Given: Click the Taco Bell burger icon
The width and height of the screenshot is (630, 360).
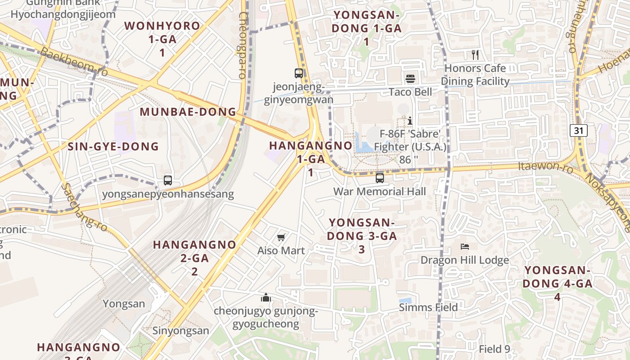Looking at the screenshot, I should (410, 79).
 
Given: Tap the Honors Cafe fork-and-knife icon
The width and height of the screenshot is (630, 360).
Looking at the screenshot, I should (475, 55).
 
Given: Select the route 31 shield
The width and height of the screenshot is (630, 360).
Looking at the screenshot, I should (579, 130).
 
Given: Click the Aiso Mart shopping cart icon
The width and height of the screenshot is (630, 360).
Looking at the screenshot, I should (281, 237).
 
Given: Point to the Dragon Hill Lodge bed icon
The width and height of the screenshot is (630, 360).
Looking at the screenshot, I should (465, 246).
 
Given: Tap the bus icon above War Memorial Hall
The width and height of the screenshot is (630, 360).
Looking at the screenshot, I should (380, 178).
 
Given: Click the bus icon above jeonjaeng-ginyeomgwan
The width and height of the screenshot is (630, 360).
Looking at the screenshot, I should (299, 73).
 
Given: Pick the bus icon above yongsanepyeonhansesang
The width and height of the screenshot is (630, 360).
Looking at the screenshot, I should (168, 180).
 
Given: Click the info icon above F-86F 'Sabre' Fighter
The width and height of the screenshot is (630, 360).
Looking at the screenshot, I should (410, 121).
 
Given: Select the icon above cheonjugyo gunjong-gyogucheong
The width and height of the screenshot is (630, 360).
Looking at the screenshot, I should (266, 297).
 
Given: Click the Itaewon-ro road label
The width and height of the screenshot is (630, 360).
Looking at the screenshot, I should (545, 167).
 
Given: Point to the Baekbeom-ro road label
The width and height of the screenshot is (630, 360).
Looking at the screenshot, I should (74, 61).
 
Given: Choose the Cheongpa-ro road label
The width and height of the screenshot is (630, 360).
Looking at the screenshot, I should (243, 45).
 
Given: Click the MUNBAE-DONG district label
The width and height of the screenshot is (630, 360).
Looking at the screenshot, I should (188, 112).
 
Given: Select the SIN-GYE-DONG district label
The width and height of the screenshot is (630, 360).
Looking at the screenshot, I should (113, 146).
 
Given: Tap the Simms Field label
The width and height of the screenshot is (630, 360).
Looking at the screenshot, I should (428, 307).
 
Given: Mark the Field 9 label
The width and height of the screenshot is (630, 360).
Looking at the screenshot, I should (494, 349).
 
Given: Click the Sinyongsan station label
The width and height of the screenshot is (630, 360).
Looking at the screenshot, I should (180, 331).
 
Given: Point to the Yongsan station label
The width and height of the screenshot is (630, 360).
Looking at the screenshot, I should (124, 304).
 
